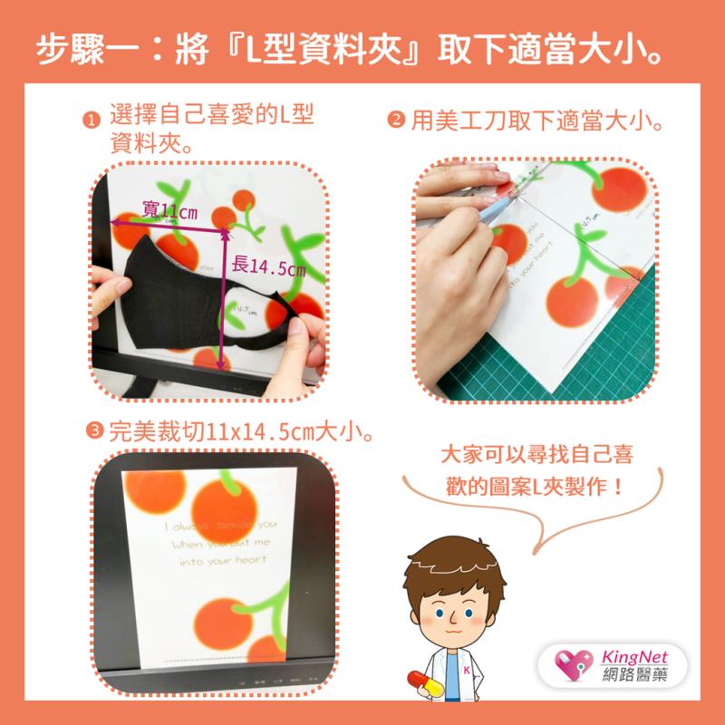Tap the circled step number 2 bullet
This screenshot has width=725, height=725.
396,119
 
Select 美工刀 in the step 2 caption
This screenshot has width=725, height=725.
465,119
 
